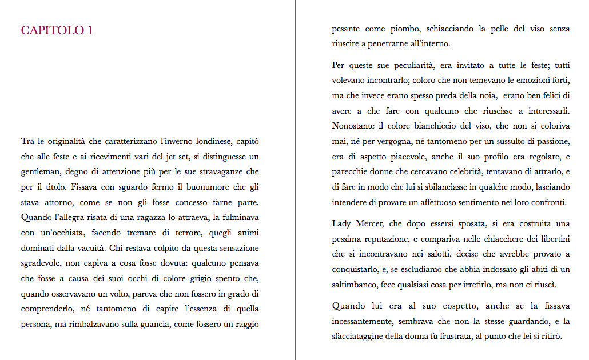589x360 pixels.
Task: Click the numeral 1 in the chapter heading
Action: pos(90,30)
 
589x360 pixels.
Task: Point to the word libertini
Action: pos(551,239)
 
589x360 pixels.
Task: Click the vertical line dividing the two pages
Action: pos(295,180)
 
